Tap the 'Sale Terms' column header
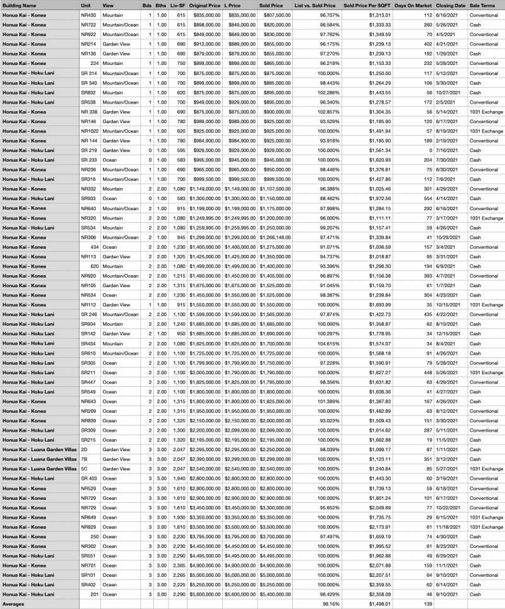tap(482, 5)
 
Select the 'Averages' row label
tap(14, 604)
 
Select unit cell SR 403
tap(89, 478)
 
